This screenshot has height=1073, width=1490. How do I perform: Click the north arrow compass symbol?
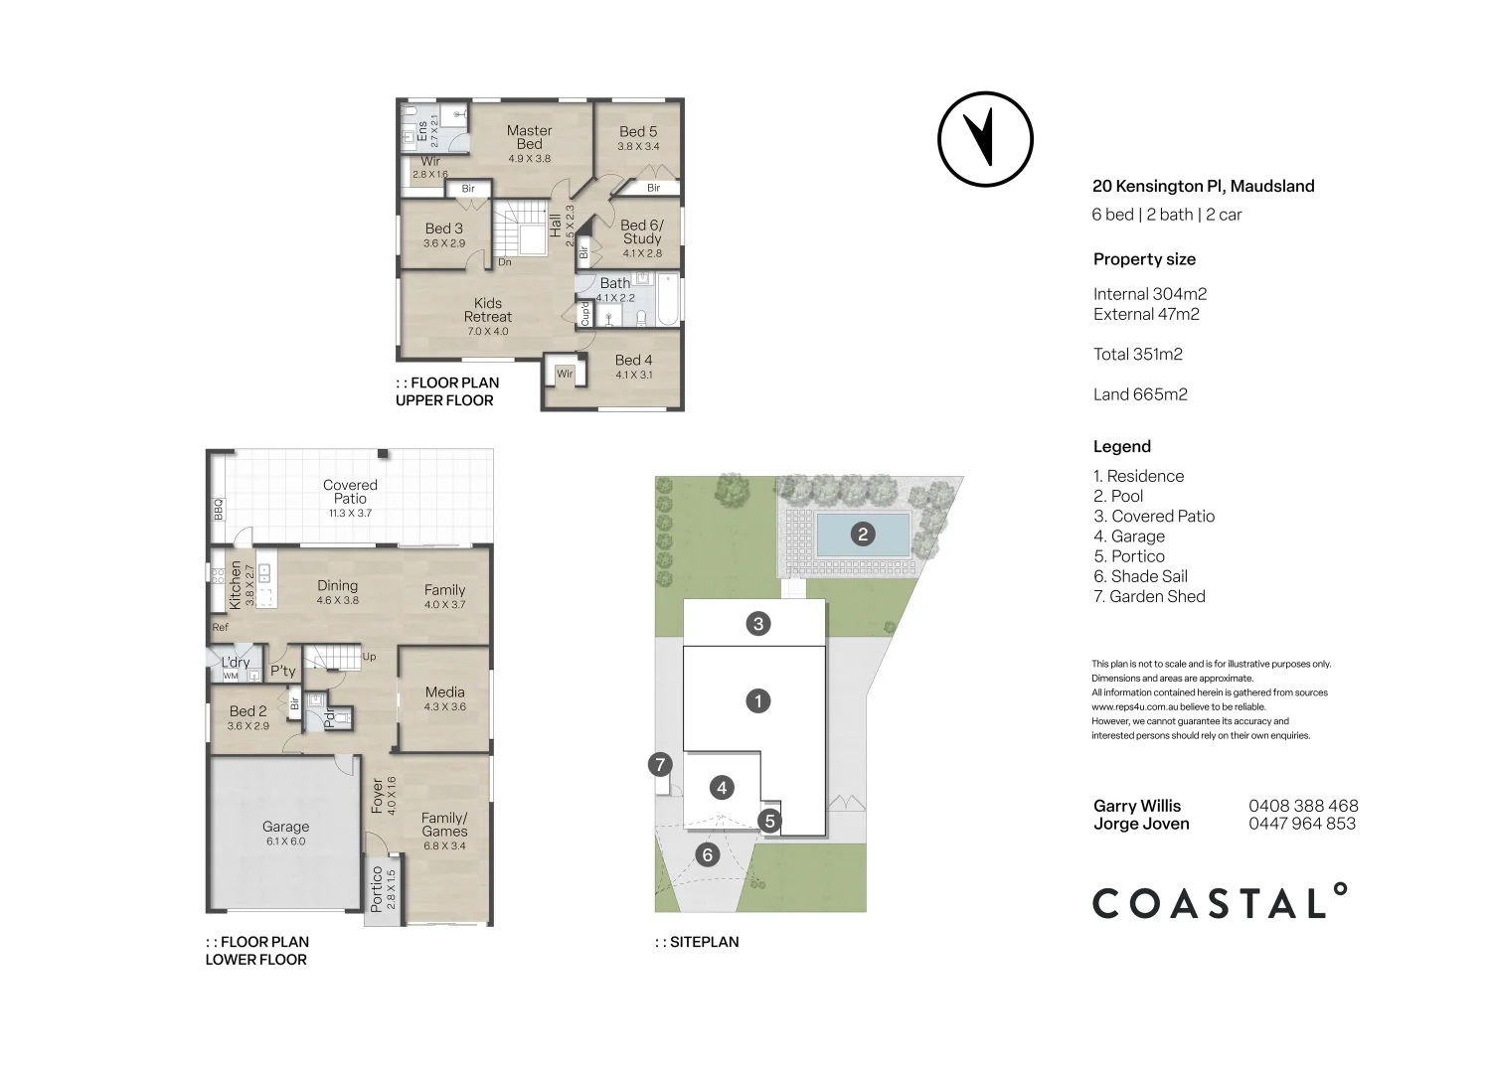(985, 139)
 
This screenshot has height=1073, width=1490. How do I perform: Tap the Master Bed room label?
(530, 138)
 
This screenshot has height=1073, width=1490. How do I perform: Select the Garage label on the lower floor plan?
(285, 827)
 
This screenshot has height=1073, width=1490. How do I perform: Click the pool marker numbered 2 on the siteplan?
(863, 534)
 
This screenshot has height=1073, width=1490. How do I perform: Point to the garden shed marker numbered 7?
(660, 765)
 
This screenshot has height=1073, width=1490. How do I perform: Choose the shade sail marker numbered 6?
(708, 854)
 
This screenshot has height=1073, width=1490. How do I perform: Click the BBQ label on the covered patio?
(218, 510)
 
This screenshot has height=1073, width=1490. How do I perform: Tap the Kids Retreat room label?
(488, 310)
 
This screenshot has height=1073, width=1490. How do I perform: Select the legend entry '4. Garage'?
(1129, 536)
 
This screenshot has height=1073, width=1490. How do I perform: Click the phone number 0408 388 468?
(1303, 806)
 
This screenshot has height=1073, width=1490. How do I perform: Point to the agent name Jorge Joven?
(1141, 824)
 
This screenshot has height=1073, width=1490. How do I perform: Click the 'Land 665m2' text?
(1140, 394)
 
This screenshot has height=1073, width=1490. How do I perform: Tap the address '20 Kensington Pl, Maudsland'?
(1204, 186)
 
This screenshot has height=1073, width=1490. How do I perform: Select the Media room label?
(445, 692)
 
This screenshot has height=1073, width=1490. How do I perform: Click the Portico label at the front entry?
(377, 889)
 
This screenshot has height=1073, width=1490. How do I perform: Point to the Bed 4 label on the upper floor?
(633, 361)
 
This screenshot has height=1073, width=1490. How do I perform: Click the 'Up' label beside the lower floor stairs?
(369, 657)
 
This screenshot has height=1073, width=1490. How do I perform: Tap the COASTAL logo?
(1220, 901)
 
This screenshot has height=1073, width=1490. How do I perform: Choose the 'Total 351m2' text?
(1138, 355)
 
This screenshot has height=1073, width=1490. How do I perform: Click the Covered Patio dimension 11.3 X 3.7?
(350, 514)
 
